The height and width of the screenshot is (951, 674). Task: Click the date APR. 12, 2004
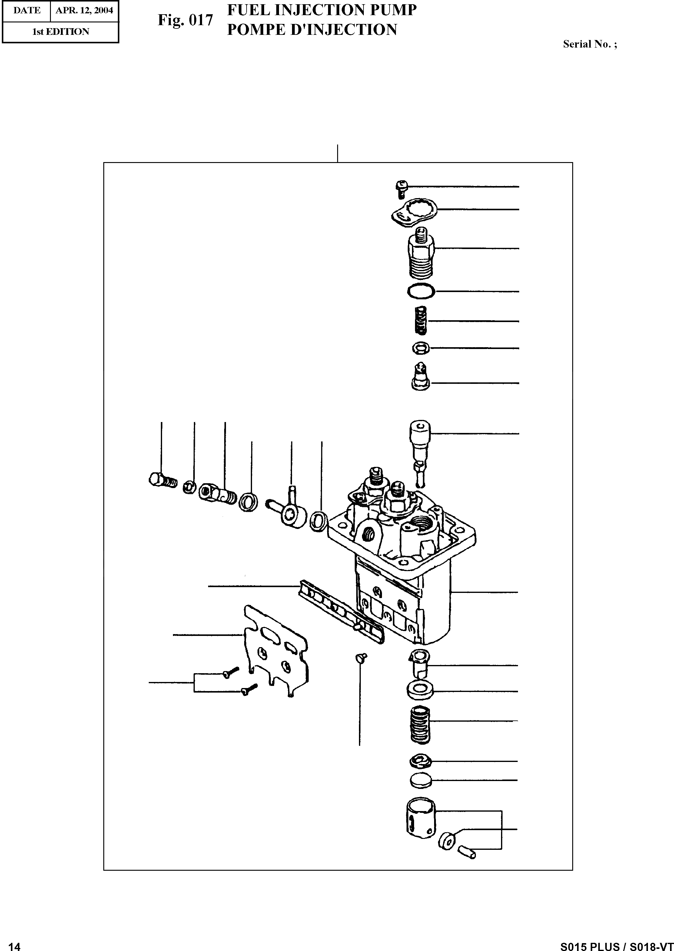tap(84, 10)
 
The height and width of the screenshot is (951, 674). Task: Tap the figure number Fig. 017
tap(185, 20)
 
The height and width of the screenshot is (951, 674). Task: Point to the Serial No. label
tap(590, 45)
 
